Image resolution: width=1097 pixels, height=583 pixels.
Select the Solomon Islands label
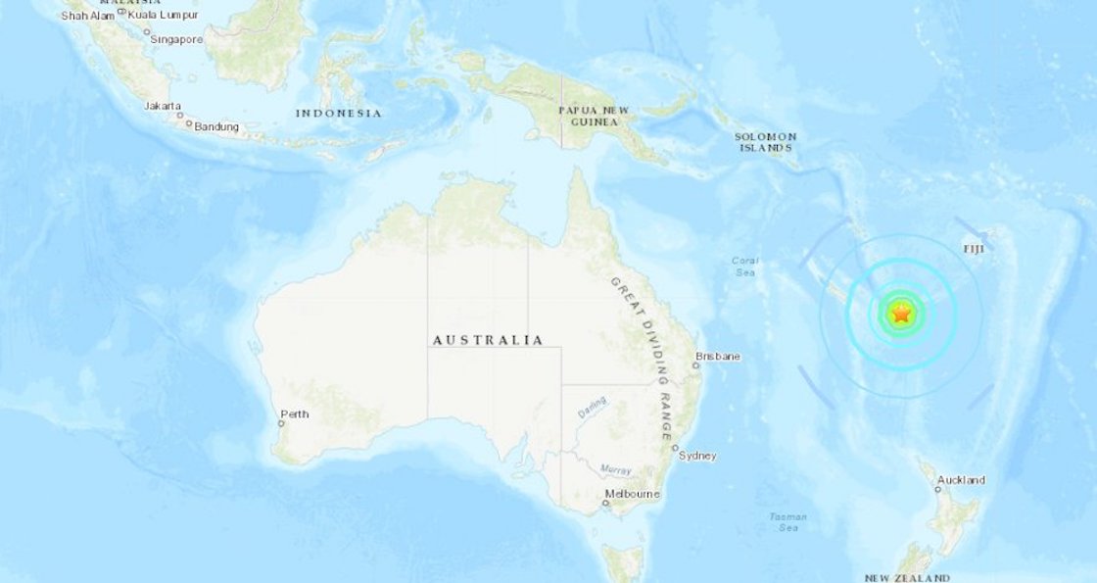(766, 142)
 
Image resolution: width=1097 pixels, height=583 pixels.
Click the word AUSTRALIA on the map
(488, 340)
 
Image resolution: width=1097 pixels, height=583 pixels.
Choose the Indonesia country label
(338, 114)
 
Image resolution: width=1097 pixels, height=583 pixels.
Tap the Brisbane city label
(717, 356)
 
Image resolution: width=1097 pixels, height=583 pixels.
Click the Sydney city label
(698, 455)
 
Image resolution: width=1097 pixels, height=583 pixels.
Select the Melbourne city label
(632, 494)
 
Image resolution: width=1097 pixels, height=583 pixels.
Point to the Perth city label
(294, 414)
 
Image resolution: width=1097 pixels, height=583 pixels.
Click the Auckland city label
(961, 480)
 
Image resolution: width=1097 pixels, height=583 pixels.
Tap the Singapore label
(176, 39)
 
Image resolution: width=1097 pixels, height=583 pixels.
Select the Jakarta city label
(161, 105)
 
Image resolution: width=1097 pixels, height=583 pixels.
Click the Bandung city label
(216, 126)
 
